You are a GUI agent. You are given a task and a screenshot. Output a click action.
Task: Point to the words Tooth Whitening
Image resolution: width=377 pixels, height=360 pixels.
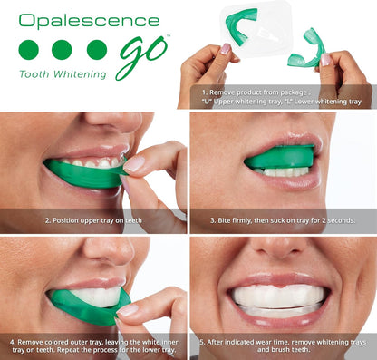coord(63,74)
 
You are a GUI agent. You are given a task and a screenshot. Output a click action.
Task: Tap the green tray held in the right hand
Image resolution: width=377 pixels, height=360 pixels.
coord(307,50)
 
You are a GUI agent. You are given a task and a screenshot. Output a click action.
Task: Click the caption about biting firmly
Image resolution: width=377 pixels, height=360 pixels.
coord(283,220)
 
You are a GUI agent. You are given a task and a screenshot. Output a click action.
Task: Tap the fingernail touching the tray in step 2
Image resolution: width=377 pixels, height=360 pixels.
coord(133,164)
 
